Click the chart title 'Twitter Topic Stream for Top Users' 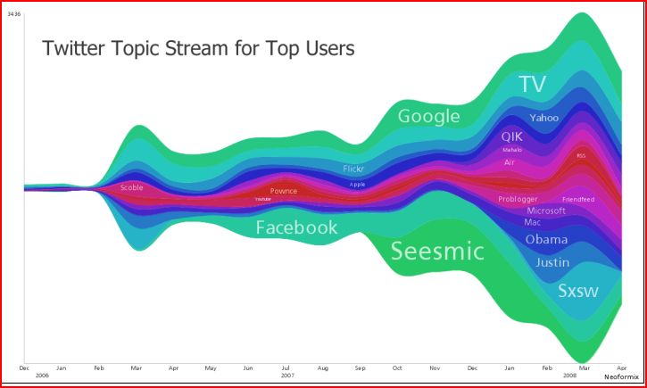pos(198,48)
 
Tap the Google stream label pos(428,116)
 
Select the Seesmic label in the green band pos(437,252)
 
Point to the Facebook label pos(296,227)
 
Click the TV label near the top pos(532,85)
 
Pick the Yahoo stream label pos(543,118)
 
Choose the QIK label pos(511,136)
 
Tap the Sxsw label pos(577,291)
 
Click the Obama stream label pos(546,240)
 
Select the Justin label pos(552,262)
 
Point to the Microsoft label pos(546,211)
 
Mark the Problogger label pos(517,199)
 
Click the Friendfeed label pos(577,199)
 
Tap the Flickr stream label pos(354,169)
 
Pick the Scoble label pos(131,187)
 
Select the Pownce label pos(284,191)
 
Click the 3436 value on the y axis pos(14,12)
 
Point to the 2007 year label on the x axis pos(286,376)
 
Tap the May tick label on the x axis pos(211,367)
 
